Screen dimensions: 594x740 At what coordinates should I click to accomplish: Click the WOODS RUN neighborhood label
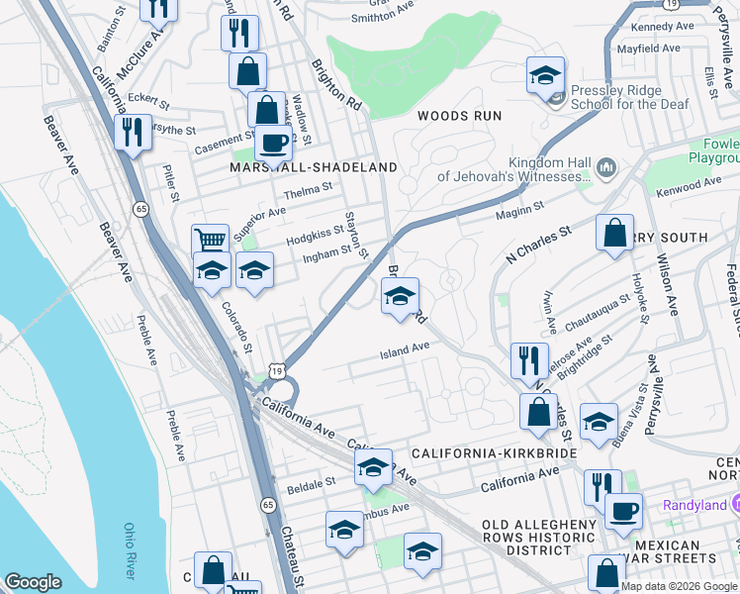(459, 116)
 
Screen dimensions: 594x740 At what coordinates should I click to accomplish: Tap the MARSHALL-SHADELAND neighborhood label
(313, 167)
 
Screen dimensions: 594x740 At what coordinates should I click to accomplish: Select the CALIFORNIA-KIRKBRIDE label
(494, 452)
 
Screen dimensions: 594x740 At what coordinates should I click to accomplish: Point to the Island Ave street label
(406, 347)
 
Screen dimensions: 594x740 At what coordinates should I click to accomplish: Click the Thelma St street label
(306, 194)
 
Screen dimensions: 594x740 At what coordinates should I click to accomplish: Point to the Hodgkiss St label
(315, 230)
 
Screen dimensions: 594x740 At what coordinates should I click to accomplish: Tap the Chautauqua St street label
(598, 312)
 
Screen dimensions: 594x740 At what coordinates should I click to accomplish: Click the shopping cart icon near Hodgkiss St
(210, 241)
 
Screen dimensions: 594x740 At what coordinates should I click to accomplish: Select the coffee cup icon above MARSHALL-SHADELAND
(273, 142)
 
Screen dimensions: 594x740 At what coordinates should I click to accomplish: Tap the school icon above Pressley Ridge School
(544, 75)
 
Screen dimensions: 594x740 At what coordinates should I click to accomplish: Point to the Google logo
(34, 582)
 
